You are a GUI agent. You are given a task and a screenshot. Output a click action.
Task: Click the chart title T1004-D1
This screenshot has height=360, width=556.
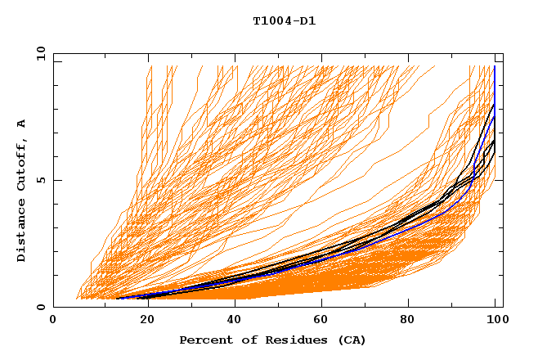tap(284, 21)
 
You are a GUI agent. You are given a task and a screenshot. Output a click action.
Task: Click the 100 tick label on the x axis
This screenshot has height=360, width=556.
tap(496, 320)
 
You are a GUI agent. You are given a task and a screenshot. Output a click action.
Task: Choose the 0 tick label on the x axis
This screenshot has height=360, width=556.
tap(54, 320)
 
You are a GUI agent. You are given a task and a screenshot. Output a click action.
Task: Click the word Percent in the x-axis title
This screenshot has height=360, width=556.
tap(204, 340)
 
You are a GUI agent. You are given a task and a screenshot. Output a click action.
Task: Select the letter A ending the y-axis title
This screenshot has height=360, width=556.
tap(22, 123)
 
